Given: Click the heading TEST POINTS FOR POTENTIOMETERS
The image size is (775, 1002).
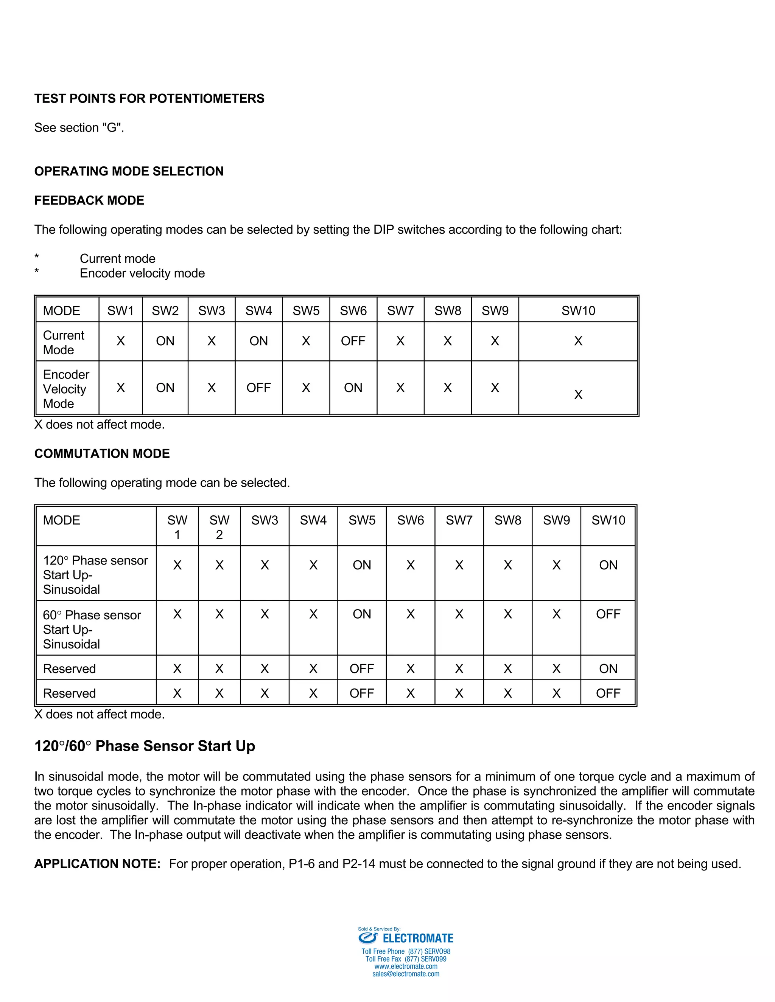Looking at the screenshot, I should point(149,99).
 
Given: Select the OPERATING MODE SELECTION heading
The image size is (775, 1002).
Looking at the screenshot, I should point(129,171).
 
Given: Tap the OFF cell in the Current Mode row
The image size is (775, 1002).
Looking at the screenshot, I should point(353,341).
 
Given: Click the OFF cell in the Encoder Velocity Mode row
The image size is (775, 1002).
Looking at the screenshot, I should point(258,388).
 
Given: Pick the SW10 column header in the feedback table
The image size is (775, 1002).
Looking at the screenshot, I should point(578,310).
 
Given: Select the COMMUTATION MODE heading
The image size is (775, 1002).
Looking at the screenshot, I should point(102,453).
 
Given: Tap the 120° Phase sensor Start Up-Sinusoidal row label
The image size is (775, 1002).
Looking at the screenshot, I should point(95,574).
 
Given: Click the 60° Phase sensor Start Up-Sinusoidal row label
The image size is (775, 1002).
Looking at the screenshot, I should point(92,629).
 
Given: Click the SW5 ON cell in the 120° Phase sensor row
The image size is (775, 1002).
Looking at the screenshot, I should point(362,565).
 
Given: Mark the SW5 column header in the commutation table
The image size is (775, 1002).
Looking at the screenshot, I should point(362,520).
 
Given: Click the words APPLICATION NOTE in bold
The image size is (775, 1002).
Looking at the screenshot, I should point(97,864).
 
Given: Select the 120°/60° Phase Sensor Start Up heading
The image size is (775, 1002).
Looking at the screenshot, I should point(145,746).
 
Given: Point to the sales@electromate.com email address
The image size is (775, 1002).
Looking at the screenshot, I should point(406,974).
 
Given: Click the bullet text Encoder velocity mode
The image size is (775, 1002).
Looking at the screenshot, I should point(142,273).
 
